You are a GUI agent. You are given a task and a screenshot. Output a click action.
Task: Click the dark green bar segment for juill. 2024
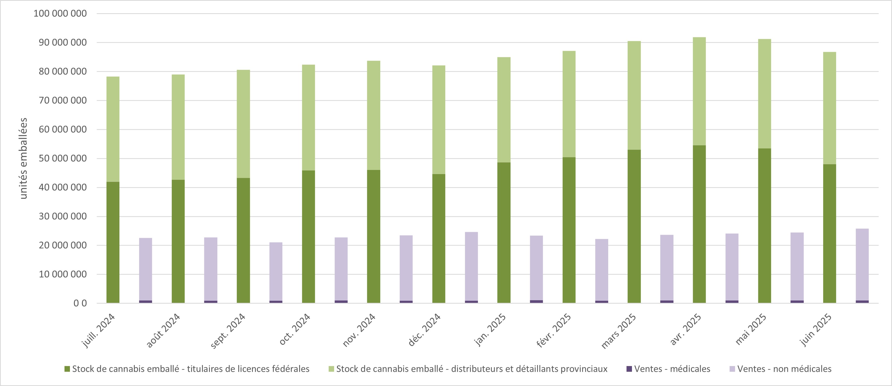(113, 242)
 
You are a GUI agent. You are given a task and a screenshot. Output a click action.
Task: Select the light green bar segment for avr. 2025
(699, 91)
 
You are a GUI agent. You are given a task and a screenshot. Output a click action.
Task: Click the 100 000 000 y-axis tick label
(60, 13)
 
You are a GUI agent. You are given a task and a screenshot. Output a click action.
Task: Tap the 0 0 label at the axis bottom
(80, 303)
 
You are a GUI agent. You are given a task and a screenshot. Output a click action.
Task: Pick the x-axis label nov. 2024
(359, 330)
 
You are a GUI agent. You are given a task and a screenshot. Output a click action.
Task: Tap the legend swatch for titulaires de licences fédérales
(67, 369)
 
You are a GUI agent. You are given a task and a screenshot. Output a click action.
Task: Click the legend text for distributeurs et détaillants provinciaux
(472, 369)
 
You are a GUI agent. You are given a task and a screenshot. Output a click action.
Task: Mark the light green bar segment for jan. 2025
(504, 110)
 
